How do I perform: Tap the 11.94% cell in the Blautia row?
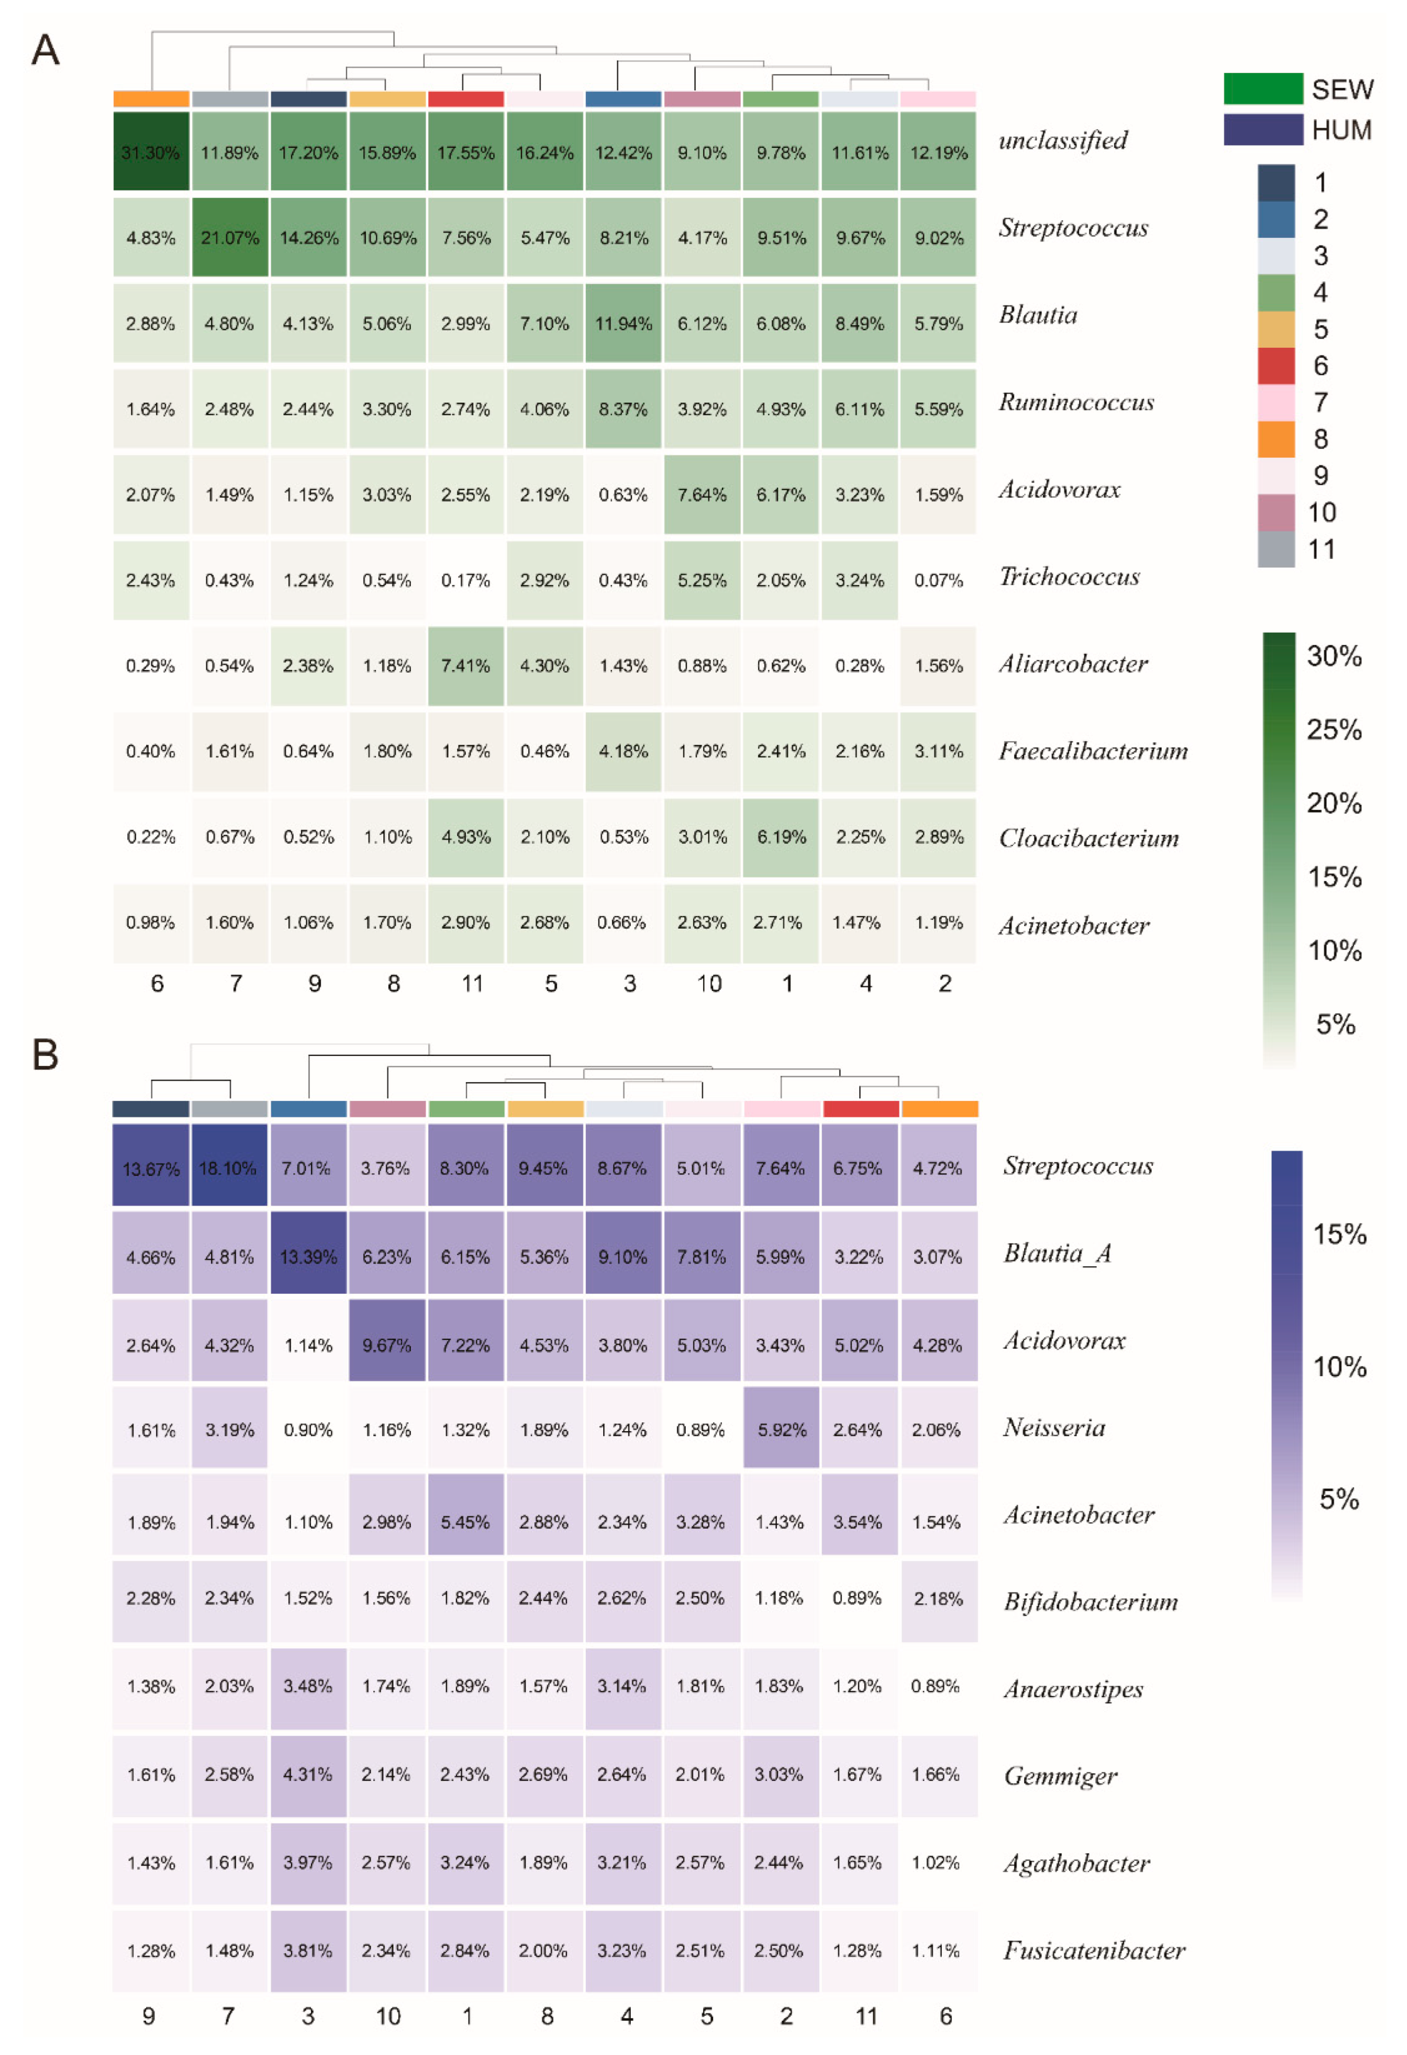[623, 324]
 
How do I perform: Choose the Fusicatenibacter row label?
[1094, 1951]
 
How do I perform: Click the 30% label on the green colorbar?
[1334, 656]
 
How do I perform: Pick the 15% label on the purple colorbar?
[1339, 1234]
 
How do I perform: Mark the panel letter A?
[45, 50]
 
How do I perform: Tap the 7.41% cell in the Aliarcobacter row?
[466, 666]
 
